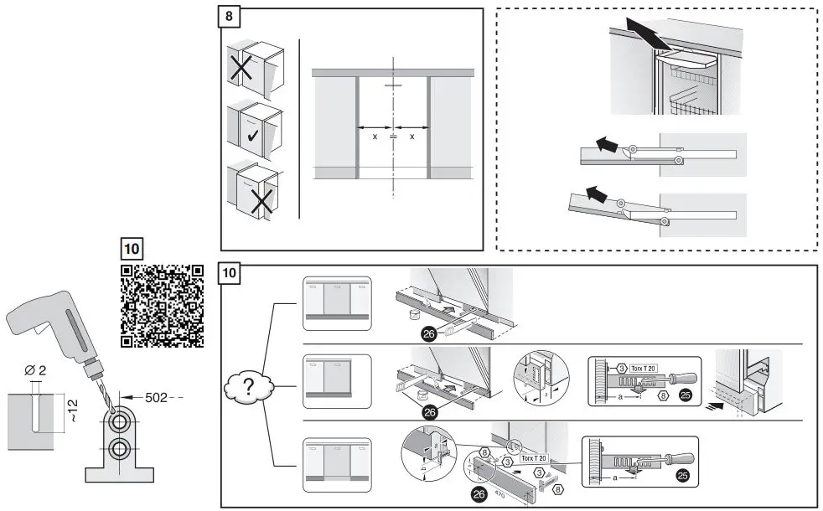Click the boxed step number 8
tap(230, 18)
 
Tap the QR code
tap(163, 306)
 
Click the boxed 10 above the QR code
tap(132, 249)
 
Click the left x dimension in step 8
tap(374, 136)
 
